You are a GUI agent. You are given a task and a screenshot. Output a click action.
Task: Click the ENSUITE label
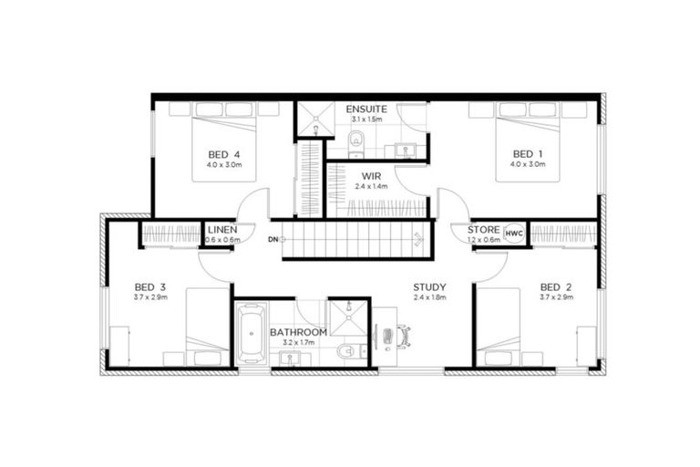point(365,110)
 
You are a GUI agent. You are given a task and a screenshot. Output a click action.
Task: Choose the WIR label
point(371,175)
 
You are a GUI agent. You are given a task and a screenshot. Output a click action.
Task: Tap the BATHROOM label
point(298,333)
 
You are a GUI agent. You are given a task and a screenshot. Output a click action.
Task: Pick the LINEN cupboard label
point(222,229)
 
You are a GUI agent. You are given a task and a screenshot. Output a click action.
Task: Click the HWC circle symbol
point(514,233)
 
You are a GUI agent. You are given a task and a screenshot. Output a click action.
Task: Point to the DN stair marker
point(273,240)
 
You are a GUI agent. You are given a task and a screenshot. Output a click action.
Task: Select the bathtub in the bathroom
point(250,334)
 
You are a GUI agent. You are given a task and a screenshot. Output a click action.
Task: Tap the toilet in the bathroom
point(343,351)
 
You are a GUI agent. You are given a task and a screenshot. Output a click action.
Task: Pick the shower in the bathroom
point(346,315)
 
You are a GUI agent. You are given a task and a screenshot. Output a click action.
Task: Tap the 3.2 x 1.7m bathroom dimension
point(298,344)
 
